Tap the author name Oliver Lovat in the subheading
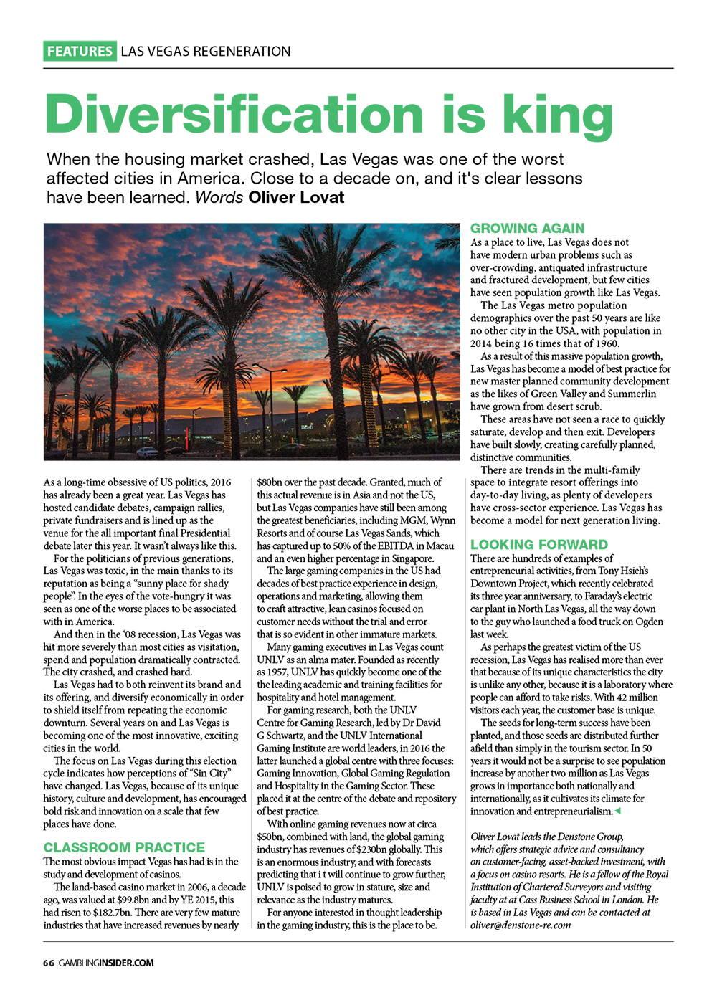click(x=296, y=197)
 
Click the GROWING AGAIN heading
click(x=527, y=229)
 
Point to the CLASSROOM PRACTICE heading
click(x=124, y=847)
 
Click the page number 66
click(x=48, y=963)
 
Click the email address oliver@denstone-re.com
click(x=521, y=925)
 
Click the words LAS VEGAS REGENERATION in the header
click(x=206, y=52)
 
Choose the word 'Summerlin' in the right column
click(x=631, y=394)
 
